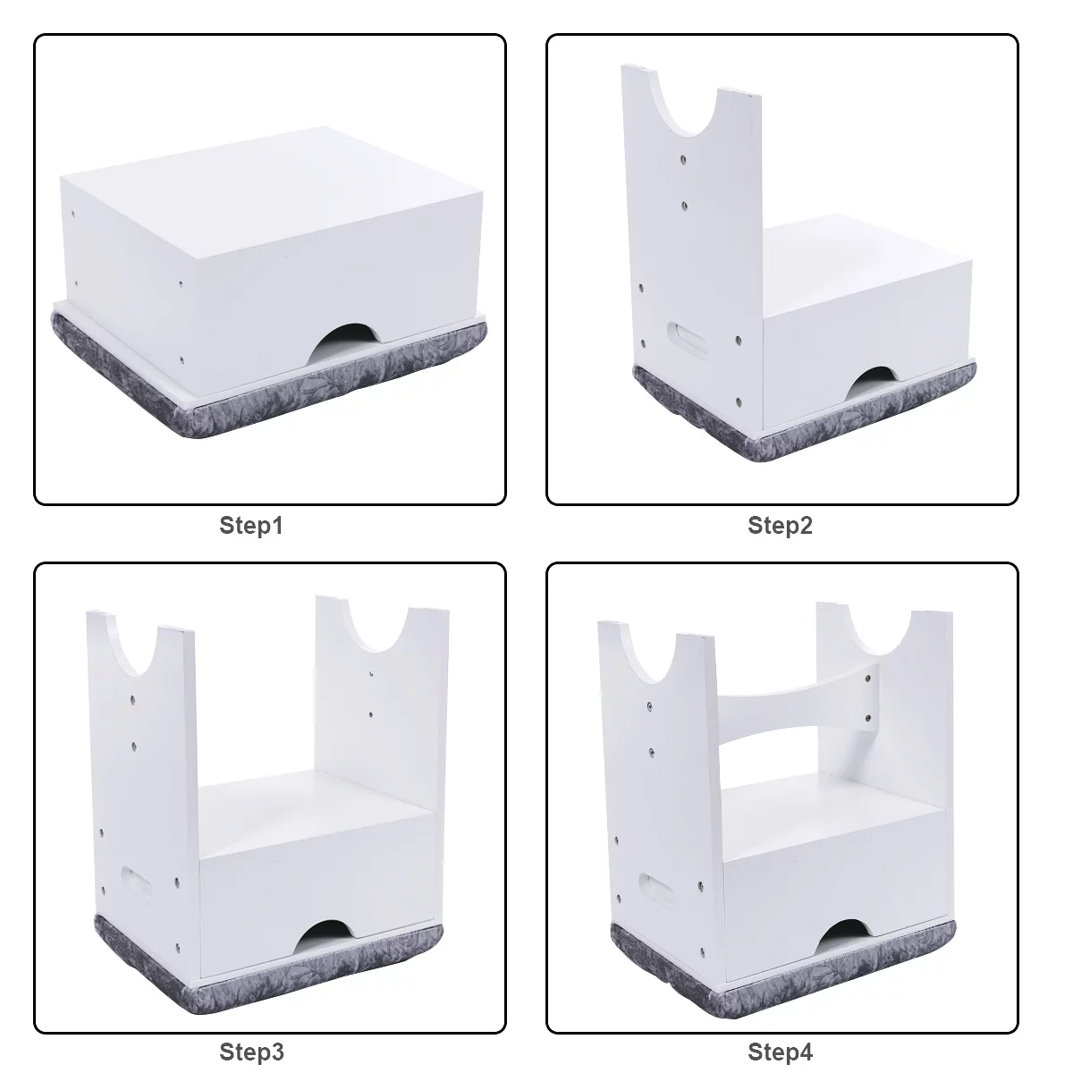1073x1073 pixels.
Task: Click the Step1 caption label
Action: tap(250, 526)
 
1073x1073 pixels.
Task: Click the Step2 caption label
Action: tap(780, 526)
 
